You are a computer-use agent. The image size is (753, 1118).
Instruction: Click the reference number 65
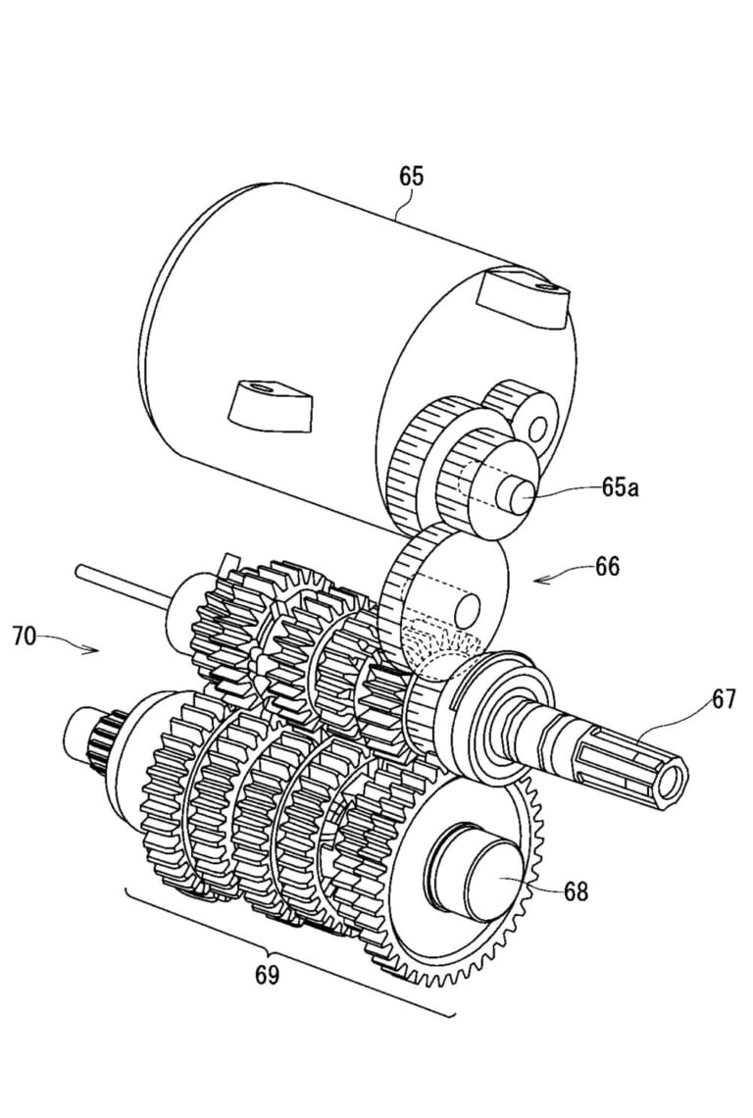click(412, 177)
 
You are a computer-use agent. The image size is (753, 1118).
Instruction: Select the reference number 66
click(607, 568)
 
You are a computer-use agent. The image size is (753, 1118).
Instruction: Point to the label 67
click(723, 699)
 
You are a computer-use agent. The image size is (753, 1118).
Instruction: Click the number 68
click(577, 890)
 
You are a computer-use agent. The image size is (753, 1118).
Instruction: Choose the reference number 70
click(25, 636)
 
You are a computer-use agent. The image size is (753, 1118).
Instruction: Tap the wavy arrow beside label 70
click(70, 643)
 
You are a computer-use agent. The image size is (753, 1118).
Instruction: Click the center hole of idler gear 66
click(468, 607)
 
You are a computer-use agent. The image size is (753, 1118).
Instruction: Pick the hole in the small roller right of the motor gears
click(536, 427)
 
